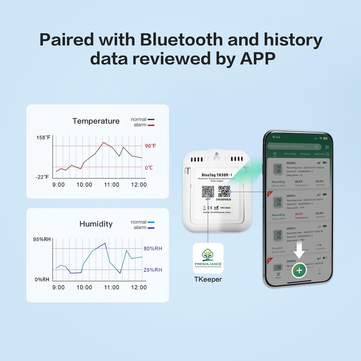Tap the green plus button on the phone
tap(299, 270)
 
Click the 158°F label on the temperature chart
tap(43, 138)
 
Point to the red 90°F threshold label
tap(151, 146)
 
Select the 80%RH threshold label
tap(153, 248)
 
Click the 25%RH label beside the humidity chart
tap(153, 270)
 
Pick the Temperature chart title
tap(96, 121)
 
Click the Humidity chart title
tap(96, 224)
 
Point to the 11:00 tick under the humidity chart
tap(112, 287)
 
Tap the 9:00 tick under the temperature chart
tap(58, 184)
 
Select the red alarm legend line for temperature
tap(151, 125)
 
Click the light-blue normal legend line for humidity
tap(151, 222)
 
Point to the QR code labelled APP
tap(208, 191)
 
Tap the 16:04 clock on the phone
tap(276, 137)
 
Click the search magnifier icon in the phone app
tap(316, 147)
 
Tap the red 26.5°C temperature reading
tap(299, 214)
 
